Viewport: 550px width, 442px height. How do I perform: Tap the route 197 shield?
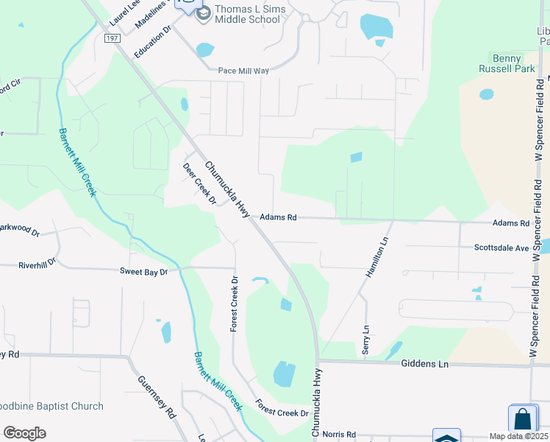click(112, 38)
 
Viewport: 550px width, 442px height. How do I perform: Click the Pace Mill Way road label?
click(244, 71)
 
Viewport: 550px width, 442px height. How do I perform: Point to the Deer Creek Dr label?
click(199, 184)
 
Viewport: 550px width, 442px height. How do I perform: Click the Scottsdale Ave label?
click(501, 248)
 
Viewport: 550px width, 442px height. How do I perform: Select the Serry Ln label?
click(365, 340)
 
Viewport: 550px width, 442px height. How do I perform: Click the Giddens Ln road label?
click(424, 364)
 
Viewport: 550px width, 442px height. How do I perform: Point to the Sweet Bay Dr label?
click(144, 272)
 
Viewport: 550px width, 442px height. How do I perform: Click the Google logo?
click(24, 433)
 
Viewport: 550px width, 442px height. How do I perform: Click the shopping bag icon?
click(523, 419)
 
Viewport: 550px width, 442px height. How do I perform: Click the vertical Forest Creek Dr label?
click(235, 304)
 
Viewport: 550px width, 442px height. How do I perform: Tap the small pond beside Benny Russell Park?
click(487, 94)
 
